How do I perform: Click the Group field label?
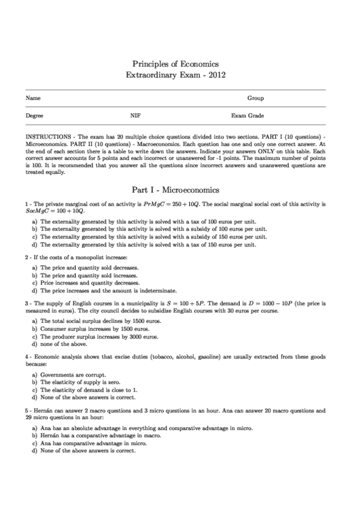pos(255,98)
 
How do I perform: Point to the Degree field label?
pos(34,115)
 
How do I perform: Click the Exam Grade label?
pos(248,115)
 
